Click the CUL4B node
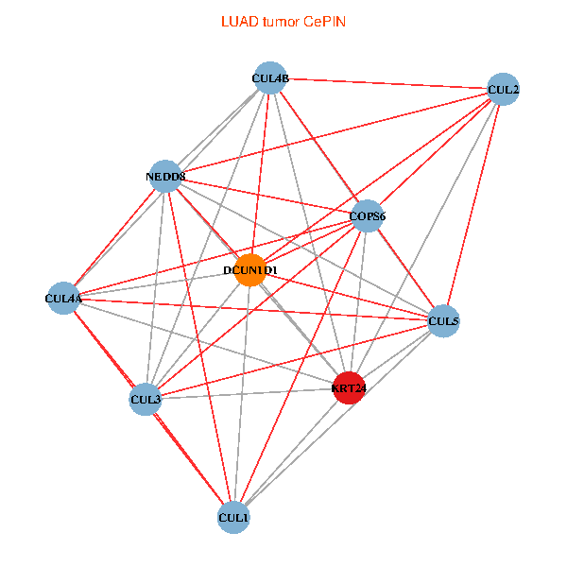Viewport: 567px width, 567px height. pos(270,77)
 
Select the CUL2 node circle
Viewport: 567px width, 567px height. pos(503,89)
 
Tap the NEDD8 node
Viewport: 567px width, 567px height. pos(165,176)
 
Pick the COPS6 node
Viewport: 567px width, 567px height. pos(367,215)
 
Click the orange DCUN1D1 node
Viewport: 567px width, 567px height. pos(250,269)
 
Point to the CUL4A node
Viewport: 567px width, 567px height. pos(63,298)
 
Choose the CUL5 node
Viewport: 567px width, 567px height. pos(443,320)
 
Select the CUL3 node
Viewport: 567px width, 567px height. pos(145,399)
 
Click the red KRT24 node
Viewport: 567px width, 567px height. pos(349,387)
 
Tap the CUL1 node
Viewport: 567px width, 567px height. pos(233,517)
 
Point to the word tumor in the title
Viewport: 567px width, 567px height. pos(281,22)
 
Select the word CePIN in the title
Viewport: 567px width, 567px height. pos(325,22)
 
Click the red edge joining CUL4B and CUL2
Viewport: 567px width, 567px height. pos(387,83)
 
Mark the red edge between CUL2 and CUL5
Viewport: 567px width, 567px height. pos(473,205)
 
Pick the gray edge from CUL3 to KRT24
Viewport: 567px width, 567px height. pos(247,393)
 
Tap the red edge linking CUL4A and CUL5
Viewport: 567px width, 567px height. pos(253,310)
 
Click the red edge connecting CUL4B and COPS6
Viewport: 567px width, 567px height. pos(318,146)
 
